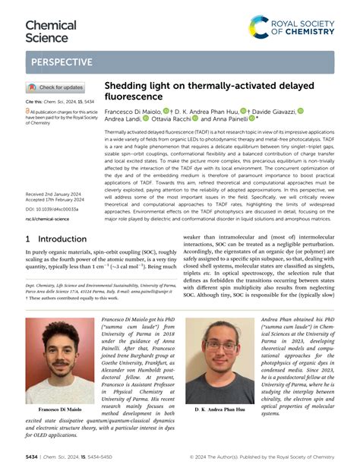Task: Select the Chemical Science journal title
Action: tap(51, 30)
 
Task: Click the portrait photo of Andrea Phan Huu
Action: tap(219, 360)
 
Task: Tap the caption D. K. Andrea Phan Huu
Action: tap(219, 409)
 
